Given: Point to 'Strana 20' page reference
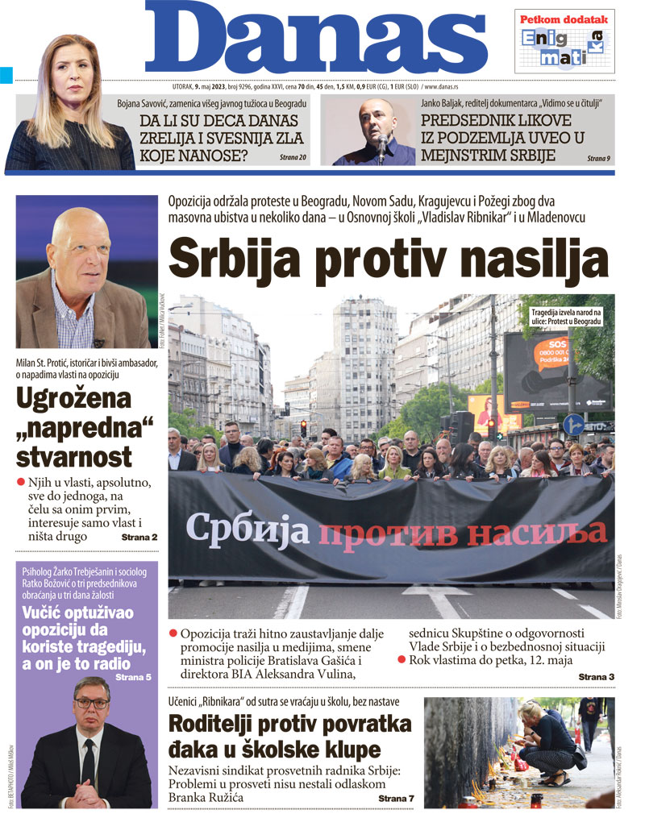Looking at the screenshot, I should [x=293, y=156].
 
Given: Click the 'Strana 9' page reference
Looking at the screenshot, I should [x=598, y=158].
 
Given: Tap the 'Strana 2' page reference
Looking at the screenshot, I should [x=139, y=537].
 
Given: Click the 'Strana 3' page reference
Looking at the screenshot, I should [x=596, y=676].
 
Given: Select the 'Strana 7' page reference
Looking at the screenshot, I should [x=396, y=798].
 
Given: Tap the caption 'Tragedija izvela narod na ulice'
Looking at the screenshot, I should [x=566, y=316].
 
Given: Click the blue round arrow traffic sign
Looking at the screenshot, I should [x=573, y=425].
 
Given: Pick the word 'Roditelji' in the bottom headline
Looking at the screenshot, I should [x=217, y=724].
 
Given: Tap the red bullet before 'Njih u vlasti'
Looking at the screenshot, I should [x=22, y=482].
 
